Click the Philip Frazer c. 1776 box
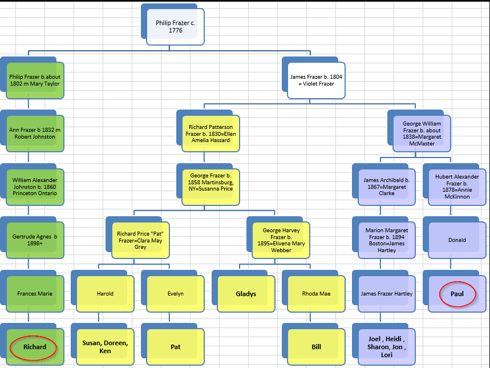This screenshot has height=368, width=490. click(x=175, y=27)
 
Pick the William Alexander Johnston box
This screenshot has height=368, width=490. click(x=35, y=186)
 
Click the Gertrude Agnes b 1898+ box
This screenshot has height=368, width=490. click(x=35, y=240)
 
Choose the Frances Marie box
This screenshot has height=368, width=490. click(x=35, y=293)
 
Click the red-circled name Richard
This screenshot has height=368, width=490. click(x=35, y=347)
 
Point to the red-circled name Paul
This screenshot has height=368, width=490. click(x=456, y=293)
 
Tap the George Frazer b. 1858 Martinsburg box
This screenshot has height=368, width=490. click(x=210, y=186)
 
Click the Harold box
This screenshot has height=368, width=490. click(x=106, y=293)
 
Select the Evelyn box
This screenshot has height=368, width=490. click(x=176, y=293)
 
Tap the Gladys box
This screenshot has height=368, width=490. click(x=246, y=294)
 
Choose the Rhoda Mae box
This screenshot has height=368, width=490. click(x=316, y=293)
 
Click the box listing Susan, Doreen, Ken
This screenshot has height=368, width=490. click(x=106, y=347)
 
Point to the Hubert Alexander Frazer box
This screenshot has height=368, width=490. click(x=456, y=186)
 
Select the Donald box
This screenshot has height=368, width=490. click(x=456, y=240)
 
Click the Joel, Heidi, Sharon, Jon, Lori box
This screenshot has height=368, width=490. click(x=386, y=347)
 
